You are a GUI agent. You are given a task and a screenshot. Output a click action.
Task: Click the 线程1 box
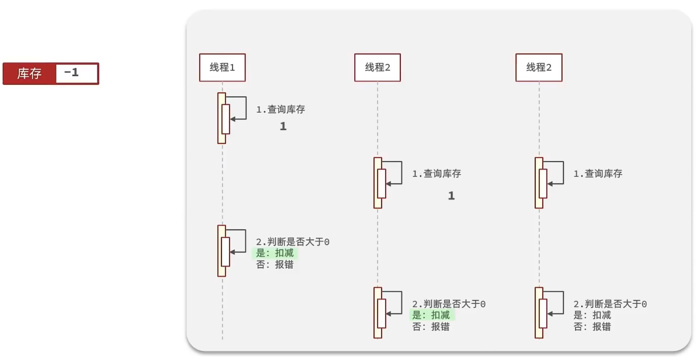[x=222, y=67]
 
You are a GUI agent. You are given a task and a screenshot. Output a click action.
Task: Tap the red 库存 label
[x=29, y=74]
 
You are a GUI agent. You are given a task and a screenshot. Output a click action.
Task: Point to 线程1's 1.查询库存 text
[x=280, y=110]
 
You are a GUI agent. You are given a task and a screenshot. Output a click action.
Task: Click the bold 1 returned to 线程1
[x=283, y=126]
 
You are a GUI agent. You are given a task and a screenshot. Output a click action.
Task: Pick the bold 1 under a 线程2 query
[x=451, y=196]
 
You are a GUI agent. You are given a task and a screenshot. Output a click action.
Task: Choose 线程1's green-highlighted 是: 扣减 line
[x=275, y=253]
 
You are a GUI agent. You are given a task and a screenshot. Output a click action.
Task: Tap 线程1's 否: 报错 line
[x=275, y=265]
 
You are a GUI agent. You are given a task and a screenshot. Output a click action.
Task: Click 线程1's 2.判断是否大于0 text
[x=293, y=242]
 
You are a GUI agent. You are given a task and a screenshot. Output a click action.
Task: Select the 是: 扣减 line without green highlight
[x=592, y=315]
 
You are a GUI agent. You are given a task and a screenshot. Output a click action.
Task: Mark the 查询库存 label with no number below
[x=598, y=174]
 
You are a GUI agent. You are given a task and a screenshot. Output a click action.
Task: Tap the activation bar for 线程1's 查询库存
[x=222, y=118]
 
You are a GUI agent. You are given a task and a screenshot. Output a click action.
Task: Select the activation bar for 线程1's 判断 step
[x=222, y=251]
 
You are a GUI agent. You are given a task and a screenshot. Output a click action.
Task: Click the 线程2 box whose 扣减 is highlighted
[x=377, y=67]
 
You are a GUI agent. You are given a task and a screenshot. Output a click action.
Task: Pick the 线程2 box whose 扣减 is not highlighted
[x=539, y=67]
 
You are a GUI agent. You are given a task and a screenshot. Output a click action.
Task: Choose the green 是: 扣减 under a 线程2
[x=431, y=315]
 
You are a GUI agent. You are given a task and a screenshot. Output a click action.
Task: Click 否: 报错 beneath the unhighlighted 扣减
[x=592, y=327]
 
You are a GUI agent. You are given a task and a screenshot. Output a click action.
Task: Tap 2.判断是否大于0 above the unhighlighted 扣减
[x=610, y=304]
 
